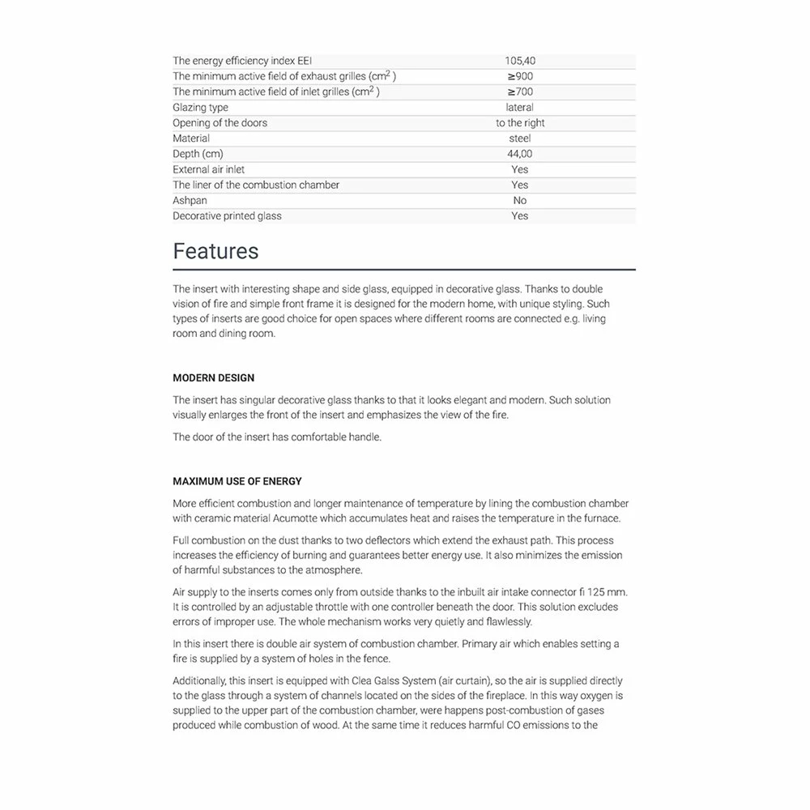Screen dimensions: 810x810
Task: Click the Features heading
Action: click(x=215, y=251)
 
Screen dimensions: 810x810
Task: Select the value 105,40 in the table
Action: click(x=520, y=61)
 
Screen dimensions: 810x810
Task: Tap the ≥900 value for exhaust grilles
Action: click(x=520, y=76)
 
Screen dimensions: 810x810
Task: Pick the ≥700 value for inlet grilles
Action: click(x=520, y=92)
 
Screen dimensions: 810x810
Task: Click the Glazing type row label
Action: click(x=200, y=108)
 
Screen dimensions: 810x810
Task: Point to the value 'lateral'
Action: click(x=520, y=108)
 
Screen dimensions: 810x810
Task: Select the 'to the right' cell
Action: click(x=520, y=123)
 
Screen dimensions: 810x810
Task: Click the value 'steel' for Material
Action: click(x=520, y=139)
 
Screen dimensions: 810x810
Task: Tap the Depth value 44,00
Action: click(x=520, y=154)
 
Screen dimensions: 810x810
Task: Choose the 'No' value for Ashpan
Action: click(x=520, y=200)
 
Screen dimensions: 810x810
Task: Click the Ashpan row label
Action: click(x=190, y=200)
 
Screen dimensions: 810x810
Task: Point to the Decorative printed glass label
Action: click(x=227, y=216)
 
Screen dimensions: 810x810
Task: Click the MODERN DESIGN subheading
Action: click(x=213, y=378)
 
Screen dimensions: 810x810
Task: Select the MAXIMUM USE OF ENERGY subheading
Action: click(x=237, y=481)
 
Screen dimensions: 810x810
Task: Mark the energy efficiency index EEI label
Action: click(x=242, y=61)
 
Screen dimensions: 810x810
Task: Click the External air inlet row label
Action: click(x=208, y=169)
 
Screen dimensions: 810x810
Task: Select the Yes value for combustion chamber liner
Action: click(x=520, y=185)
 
